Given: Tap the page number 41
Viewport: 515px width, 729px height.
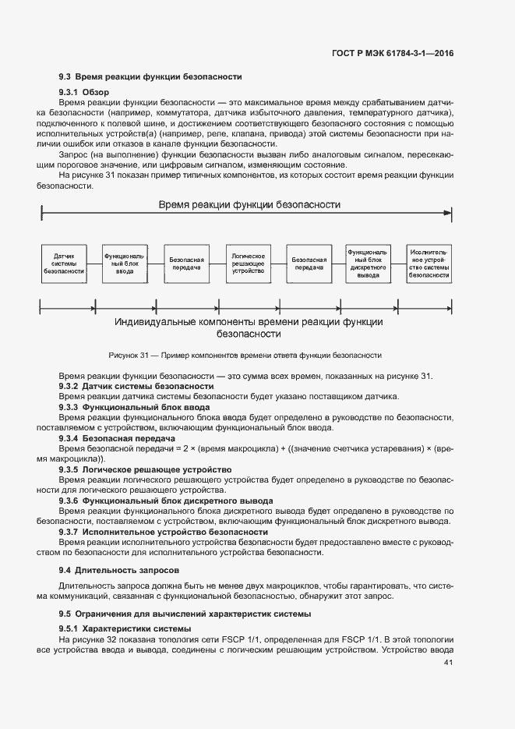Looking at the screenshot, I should click(x=448, y=663).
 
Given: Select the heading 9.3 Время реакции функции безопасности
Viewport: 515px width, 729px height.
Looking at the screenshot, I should click(x=150, y=77).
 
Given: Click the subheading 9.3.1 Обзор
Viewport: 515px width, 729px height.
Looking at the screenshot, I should click(x=84, y=93).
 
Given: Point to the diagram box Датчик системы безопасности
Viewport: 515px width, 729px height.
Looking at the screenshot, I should click(x=64, y=264).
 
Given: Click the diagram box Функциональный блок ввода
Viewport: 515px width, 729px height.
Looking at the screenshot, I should click(x=125, y=264).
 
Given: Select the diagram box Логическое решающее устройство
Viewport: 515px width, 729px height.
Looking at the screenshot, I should click(x=248, y=264).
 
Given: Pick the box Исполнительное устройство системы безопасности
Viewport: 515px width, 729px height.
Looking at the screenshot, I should click(x=429, y=264).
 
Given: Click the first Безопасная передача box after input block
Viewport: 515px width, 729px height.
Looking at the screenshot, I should click(x=186, y=264).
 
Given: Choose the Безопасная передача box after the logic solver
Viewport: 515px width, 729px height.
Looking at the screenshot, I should click(x=309, y=264).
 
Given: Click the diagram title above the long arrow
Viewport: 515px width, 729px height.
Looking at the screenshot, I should click(x=249, y=205).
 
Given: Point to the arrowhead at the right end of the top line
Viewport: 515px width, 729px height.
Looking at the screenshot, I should click(x=447, y=213).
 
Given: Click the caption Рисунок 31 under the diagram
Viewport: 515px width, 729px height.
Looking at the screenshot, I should click(x=245, y=355).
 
